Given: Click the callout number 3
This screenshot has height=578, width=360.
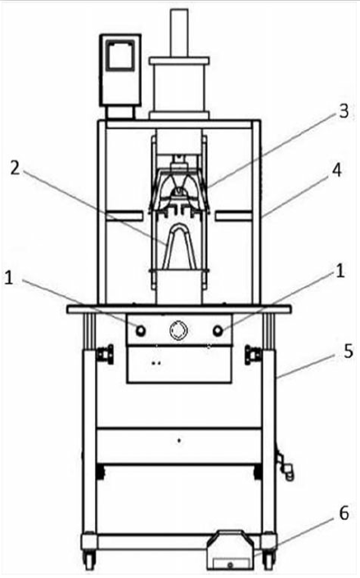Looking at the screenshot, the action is (344, 111).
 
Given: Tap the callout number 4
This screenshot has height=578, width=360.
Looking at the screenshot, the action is (336, 171).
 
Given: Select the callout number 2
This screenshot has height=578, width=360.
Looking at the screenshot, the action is (15, 168).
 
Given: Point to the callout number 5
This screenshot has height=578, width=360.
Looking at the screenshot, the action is (349, 352).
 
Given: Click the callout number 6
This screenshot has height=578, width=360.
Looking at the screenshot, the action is (344, 513).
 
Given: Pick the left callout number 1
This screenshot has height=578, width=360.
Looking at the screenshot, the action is (8, 278).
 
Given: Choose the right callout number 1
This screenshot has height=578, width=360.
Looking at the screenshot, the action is (340, 271).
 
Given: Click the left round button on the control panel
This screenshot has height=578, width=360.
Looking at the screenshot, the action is (141, 330).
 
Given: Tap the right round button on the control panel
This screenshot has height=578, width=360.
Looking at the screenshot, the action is (218, 330).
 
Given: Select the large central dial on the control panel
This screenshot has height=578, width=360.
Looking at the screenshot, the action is (178, 330).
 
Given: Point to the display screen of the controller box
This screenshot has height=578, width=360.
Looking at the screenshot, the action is (119, 56).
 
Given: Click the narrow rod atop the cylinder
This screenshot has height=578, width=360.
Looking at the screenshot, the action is (179, 33).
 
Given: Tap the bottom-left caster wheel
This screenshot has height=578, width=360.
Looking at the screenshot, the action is (90, 556).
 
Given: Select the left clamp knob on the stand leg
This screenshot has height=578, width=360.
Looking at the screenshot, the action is (105, 355).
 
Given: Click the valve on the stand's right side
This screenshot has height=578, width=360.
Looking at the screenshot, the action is (285, 465).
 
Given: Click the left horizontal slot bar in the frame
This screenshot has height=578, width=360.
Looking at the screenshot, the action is (124, 216).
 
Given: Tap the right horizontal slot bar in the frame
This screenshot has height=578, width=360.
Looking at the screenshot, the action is (234, 216).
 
